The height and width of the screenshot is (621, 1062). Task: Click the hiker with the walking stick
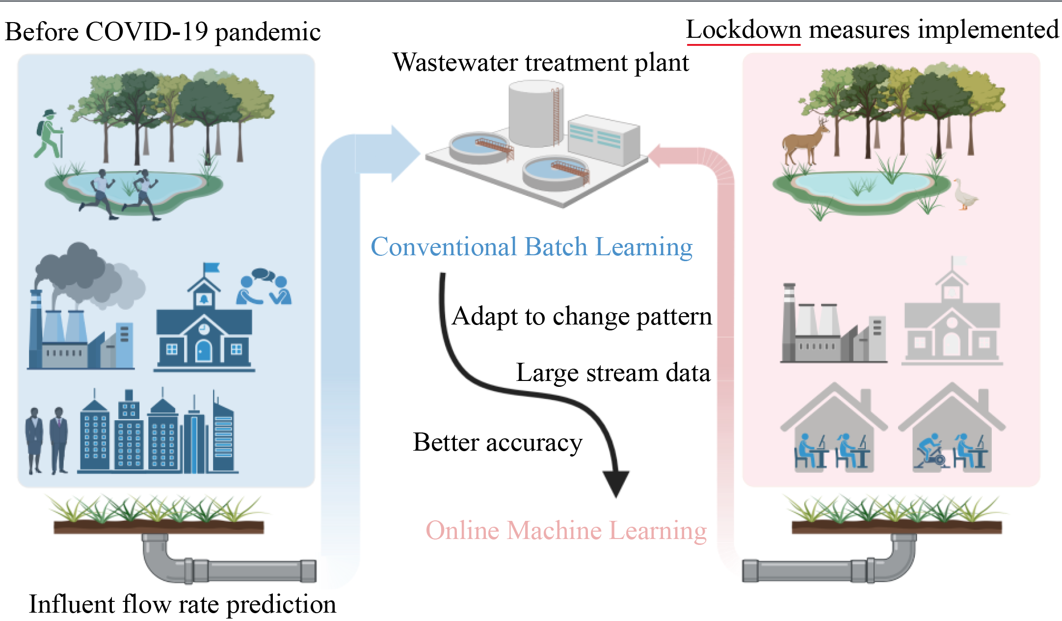[49, 134]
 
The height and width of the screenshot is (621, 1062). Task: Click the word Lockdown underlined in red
[743, 30]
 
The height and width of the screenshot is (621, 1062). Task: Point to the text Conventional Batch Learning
[531, 247]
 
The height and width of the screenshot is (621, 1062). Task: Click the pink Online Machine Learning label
[566, 531]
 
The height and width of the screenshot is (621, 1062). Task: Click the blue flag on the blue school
[212, 268]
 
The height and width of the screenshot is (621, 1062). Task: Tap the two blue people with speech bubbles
[265, 287]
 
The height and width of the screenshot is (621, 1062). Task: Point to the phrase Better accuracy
[498, 443]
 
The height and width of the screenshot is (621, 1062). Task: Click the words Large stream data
[613, 373]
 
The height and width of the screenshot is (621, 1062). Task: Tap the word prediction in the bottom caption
[281, 605]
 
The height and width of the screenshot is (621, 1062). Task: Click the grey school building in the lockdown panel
[952, 322]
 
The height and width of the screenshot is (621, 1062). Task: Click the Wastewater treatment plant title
[540, 63]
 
